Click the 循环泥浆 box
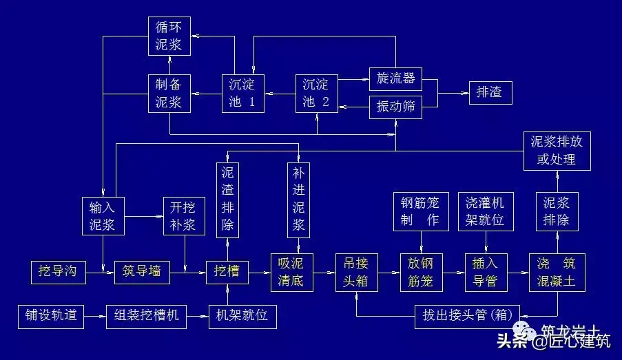169,36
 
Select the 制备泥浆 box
169,94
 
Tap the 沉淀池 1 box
242,94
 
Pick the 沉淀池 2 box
317,94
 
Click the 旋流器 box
395,78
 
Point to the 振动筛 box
395,107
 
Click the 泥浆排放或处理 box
557,151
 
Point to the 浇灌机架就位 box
485,211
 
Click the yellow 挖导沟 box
58,272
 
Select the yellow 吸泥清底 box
291,272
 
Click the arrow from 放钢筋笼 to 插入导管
452,273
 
